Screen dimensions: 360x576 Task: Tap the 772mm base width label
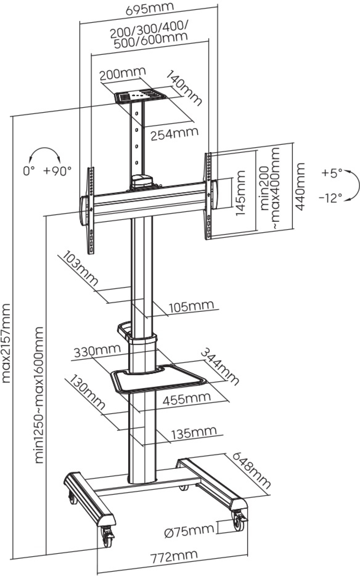point(174,556)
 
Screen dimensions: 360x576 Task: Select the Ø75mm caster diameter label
point(189,530)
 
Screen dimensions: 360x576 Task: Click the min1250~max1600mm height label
point(39,395)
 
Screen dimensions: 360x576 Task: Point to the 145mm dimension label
point(240,193)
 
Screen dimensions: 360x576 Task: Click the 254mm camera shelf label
point(174,134)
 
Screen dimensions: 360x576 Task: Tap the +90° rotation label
point(58,170)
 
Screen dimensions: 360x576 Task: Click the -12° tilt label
point(331,198)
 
